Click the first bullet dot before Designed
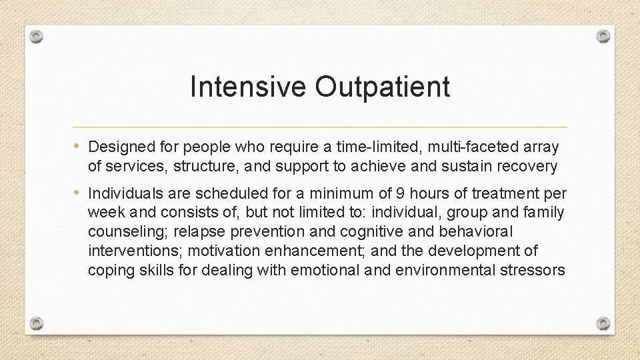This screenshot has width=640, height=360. click(x=79, y=146)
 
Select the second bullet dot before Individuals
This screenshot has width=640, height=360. click(x=79, y=193)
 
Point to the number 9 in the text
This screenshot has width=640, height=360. click(x=400, y=194)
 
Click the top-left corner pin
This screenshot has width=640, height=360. click(x=37, y=36)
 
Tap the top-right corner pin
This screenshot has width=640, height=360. click(x=603, y=36)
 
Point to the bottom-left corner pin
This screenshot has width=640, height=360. click(x=37, y=323)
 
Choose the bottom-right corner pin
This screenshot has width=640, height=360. click(x=603, y=323)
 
